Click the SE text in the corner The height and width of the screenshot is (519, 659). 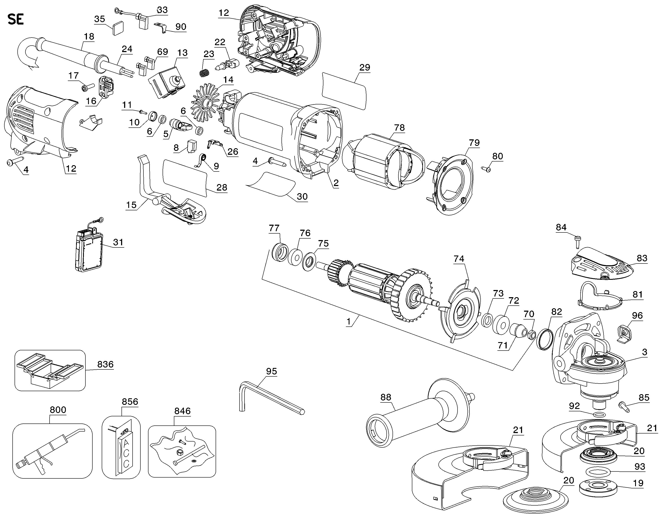(15, 20)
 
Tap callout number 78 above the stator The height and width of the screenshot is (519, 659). (399, 128)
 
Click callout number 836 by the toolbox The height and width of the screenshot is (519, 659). (105, 364)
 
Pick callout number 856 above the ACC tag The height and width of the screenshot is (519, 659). (130, 402)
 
